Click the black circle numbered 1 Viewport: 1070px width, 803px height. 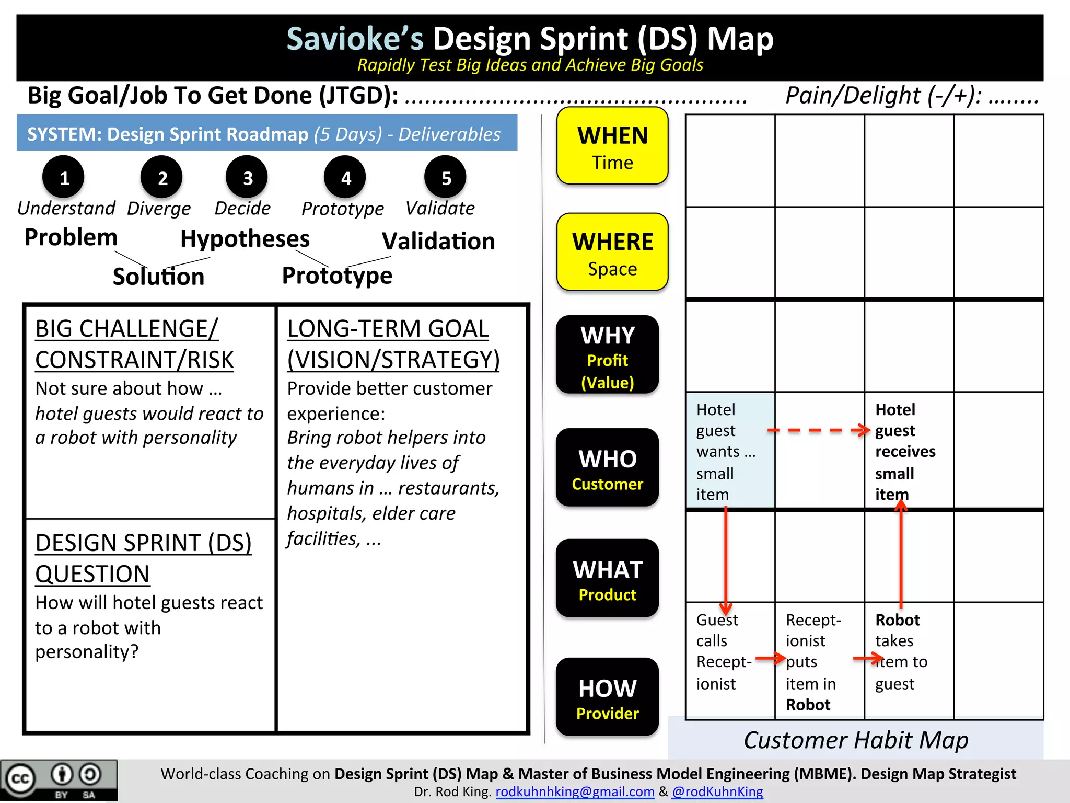(x=64, y=178)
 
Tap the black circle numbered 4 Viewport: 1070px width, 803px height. (x=345, y=178)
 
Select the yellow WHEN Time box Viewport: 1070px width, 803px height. (x=612, y=146)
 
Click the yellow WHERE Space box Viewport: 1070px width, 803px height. (x=612, y=252)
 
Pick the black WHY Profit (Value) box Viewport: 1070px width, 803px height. (x=607, y=355)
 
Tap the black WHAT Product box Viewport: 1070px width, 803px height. (x=607, y=579)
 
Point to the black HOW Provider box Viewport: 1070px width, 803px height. (x=607, y=697)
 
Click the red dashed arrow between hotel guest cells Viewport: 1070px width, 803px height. (x=818, y=430)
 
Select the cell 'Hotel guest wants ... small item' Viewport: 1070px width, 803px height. (x=730, y=451)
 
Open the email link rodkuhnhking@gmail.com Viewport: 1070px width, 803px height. (x=575, y=791)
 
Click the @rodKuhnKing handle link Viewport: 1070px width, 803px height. (x=717, y=791)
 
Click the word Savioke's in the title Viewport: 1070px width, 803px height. (x=355, y=39)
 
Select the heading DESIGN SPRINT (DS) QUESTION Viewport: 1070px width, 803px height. (x=143, y=558)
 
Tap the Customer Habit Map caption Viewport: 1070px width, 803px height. (x=856, y=740)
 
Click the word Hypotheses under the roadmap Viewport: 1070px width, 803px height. (x=245, y=239)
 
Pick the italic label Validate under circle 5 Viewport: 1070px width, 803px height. (x=440, y=208)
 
